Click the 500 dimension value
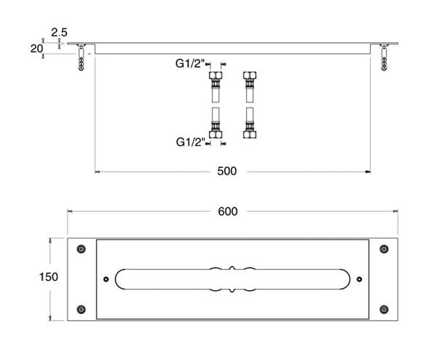click(x=226, y=171)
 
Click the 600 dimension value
click(x=228, y=212)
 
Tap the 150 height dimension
click(x=49, y=277)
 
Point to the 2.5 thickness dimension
click(x=60, y=33)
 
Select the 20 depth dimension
click(x=36, y=49)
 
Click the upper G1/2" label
click(x=190, y=64)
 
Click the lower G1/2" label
click(x=191, y=143)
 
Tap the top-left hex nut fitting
click(x=215, y=76)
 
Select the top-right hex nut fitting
click(x=250, y=76)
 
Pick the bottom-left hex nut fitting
click(x=215, y=135)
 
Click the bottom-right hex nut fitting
click(x=250, y=135)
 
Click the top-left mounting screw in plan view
click(x=81, y=249)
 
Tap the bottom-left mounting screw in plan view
click(x=81, y=310)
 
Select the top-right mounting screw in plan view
click(x=384, y=249)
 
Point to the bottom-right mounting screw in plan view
click(x=384, y=310)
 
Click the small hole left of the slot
click(x=106, y=279)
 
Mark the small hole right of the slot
click(x=359, y=279)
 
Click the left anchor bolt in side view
click(x=81, y=57)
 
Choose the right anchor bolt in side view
click(x=384, y=57)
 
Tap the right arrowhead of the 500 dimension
click(x=368, y=172)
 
